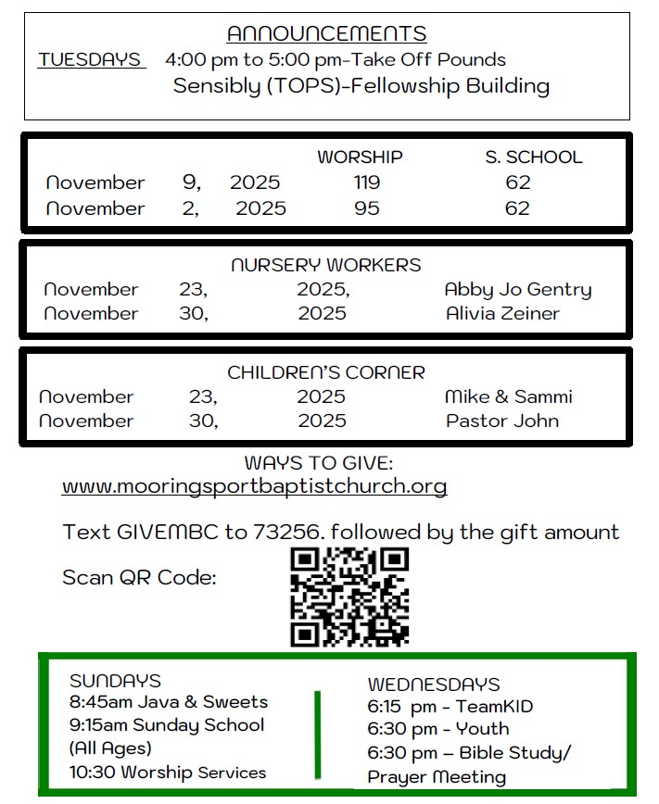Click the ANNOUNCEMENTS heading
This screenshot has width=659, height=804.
[326, 34]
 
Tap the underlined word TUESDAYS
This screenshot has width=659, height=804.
[91, 60]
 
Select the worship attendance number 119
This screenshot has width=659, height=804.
[367, 182]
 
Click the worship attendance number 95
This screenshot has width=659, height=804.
[367, 208]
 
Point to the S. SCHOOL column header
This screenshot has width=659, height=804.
[534, 157]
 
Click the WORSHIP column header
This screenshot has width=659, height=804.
[360, 157]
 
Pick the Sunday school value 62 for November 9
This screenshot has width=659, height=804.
[518, 182]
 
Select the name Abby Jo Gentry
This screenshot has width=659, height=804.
[517, 289]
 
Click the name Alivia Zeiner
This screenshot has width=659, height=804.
[502, 313]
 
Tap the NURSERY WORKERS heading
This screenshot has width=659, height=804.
[326, 265]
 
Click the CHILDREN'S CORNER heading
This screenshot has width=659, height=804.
[326, 372]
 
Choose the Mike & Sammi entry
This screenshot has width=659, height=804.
[508, 396]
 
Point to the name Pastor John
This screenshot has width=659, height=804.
[502, 421]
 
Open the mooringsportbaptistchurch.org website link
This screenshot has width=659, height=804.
[254, 486]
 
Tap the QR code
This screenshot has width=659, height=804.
[349, 597]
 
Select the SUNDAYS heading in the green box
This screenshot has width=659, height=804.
[115, 682]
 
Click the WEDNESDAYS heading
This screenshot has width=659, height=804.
[434, 685]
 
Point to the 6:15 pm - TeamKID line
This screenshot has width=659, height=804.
[450, 707]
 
